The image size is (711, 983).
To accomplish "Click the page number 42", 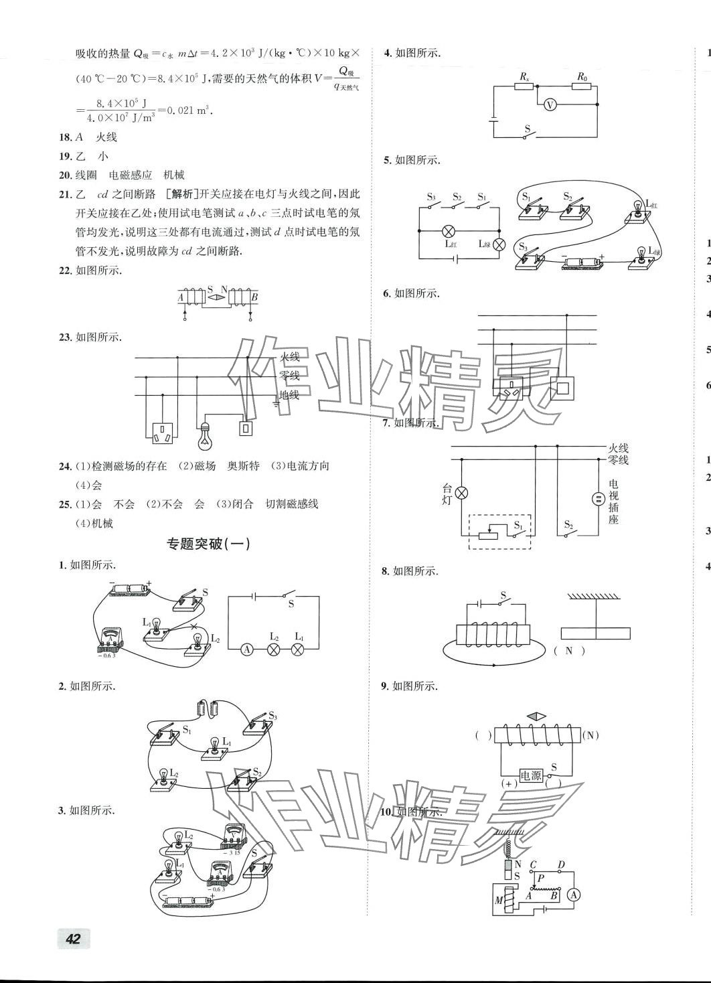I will pyautogui.click(x=73, y=938).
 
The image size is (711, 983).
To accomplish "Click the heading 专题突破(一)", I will pyautogui.click(x=208, y=544).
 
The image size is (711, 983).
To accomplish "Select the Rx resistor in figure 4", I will pyautogui.click(x=524, y=87).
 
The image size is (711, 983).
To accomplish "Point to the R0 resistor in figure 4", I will pyautogui.click(x=582, y=87).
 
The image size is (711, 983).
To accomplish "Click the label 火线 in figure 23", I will pyautogui.click(x=289, y=358).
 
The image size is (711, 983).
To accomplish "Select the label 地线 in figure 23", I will pyautogui.click(x=289, y=395).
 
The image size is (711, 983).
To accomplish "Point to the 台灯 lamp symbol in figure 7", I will pyautogui.click(x=461, y=494).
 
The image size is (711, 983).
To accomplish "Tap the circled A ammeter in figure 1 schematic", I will pyautogui.click(x=247, y=649).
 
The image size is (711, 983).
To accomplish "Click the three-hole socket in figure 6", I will pyautogui.click(x=512, y=386).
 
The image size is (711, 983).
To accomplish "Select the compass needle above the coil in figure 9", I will pyautogui.click(x=537, y=716).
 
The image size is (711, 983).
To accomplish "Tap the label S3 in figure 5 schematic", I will pyautogui.click(x=432, y=197).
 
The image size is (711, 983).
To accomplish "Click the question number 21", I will pyautogui.click(x=65, y=194).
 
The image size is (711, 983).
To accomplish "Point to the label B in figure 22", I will pyautogui.click(x=254, y=297).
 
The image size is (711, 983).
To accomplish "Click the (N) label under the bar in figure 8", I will pyautogui.click(x=569, y=650).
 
